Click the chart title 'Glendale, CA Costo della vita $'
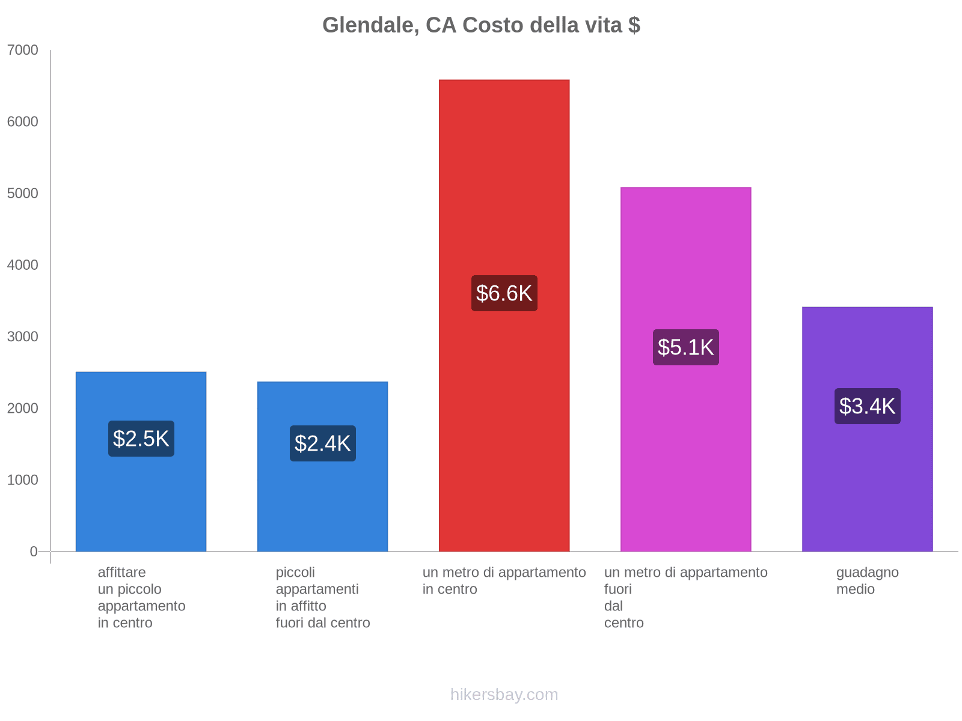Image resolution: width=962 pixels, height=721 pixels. click(x=481, y=25)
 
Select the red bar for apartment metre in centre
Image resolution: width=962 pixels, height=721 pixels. click(x=504, y=180)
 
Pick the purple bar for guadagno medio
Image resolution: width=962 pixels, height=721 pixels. click(x=867, y=481)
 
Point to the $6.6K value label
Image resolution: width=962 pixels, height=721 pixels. click(x=504, y=293)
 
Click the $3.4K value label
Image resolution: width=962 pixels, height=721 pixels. click(x=867, y=406)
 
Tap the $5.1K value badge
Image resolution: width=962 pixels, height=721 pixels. click(x=685, y=347)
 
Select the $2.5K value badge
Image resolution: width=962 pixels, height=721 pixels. click(x=141, y=439)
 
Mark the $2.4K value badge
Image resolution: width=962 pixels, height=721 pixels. click(x=322, y=443)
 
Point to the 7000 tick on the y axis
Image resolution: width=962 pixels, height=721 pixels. click(x=23, y=50)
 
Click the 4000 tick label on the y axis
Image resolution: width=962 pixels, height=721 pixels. click(x=23, y=265)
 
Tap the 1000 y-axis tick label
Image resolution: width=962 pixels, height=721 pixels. click(x=23, y=480)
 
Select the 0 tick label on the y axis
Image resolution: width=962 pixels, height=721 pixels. click(x=34, y=552)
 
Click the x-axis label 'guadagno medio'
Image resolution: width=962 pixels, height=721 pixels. click(x=867, y=580)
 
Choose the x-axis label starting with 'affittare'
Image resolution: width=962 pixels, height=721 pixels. click(x=141, y=597)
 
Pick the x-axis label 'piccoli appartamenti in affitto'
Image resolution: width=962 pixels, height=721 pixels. click(x=322, y=597)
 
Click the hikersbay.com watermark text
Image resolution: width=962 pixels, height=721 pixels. click(x=504, y=695)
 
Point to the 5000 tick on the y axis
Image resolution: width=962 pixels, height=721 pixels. click(x=23, y=193)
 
